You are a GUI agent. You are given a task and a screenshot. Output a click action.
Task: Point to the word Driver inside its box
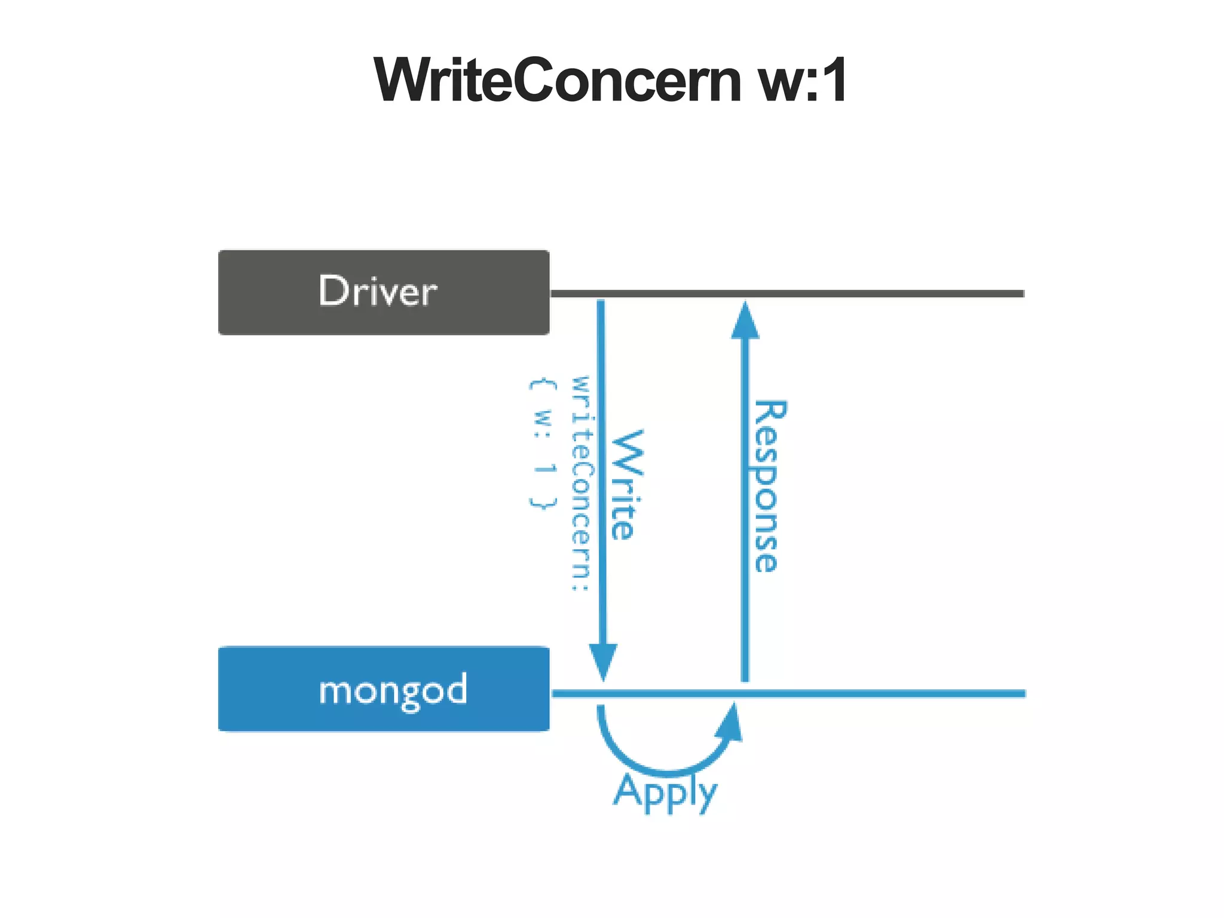pyautogui.click(x=378, y=292)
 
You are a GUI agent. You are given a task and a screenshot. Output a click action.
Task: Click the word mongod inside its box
pyautogui.click(x=393, y=690)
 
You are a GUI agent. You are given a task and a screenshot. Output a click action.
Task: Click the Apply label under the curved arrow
pyautogui.click(x=665, y=791)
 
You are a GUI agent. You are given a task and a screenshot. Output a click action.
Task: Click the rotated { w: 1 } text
pyautogui.click(x=543, y=443)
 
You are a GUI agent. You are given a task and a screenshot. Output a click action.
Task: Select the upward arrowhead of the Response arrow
pyautogui.click(x=745, y=322)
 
